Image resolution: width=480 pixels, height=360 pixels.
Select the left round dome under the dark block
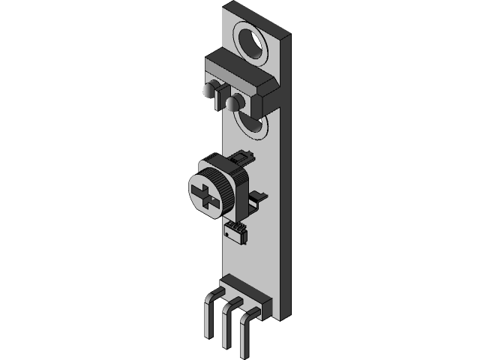coord(208,91)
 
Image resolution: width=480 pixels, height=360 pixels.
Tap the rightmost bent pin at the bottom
coord(244,334)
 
